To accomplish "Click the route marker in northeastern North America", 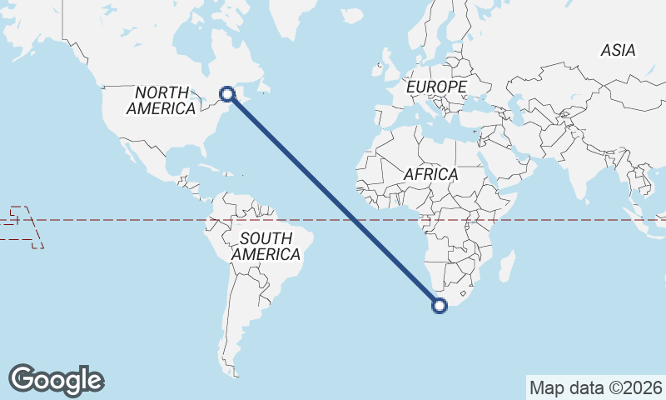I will click(226, 95).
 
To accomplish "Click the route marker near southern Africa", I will click(440, 306).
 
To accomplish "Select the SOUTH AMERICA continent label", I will click(266, 247).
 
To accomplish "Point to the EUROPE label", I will click(436, 87).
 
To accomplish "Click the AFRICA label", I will click(431, 174).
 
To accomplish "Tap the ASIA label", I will click(618, 51).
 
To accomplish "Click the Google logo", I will click(56, 379).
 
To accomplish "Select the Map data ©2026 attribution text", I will click(596, 387).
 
